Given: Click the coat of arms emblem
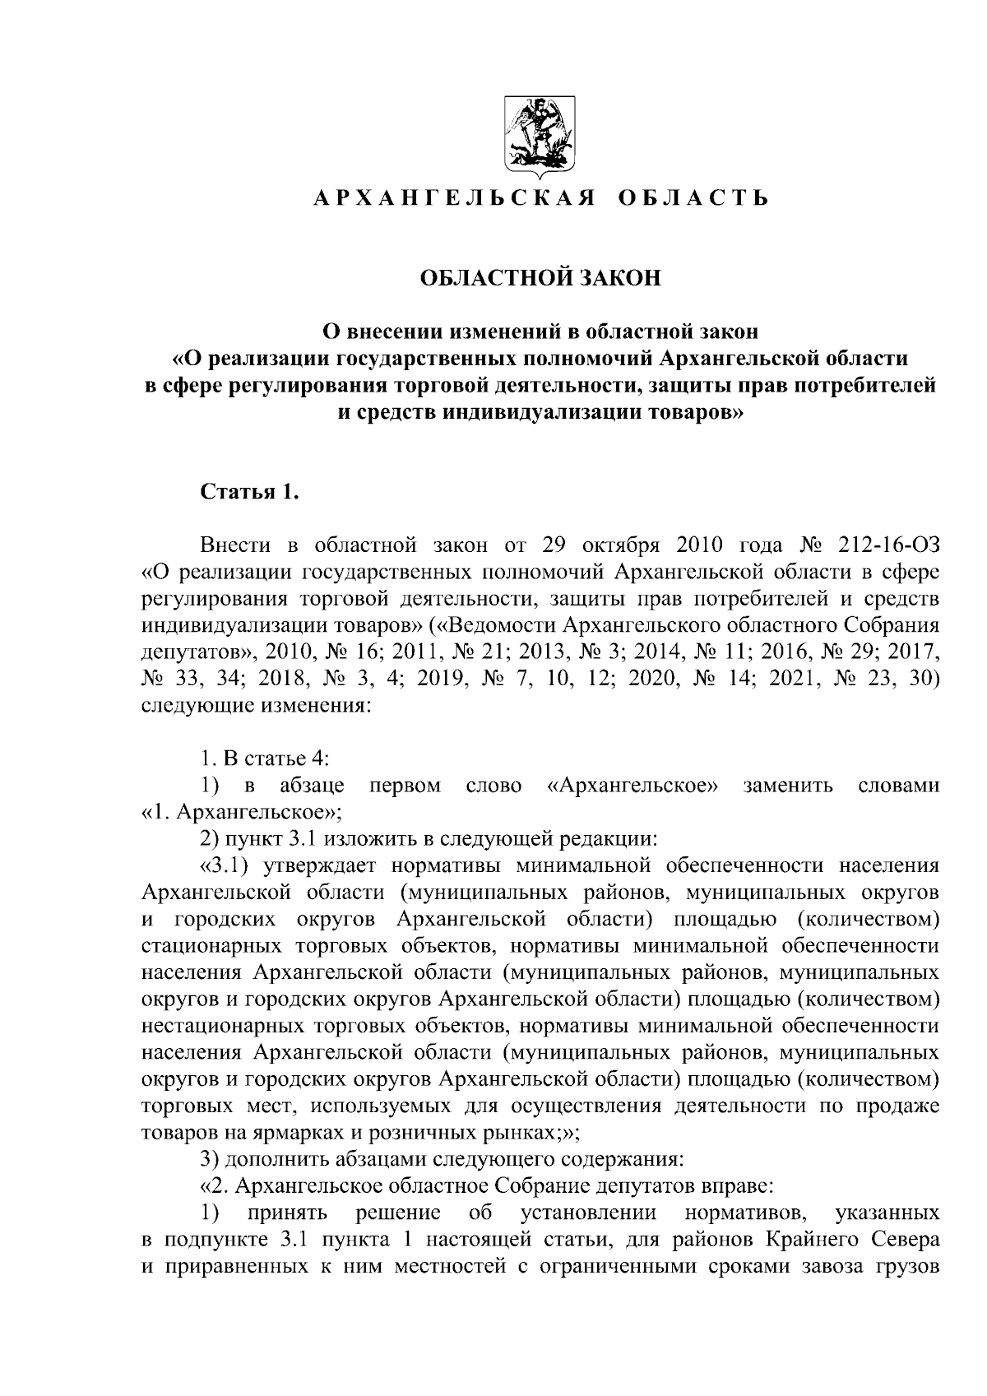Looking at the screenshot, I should tap(540, 138).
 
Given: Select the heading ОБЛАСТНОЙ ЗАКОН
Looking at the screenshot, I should tap(540, 278).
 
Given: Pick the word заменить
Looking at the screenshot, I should tap(787, 786).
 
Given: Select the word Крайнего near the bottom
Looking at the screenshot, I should tap(809, 1240).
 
